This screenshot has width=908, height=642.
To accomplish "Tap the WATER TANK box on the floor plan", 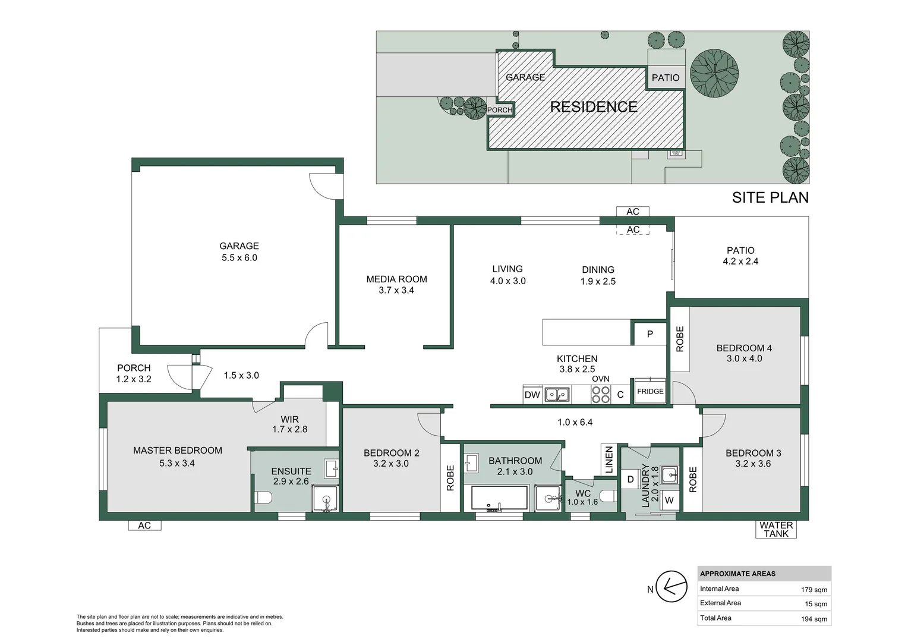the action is point(776,529).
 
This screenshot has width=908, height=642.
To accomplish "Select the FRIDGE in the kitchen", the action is point(650,391).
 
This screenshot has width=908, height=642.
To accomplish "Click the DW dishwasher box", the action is point(532,395).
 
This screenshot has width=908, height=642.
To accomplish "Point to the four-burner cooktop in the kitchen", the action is point(601,395).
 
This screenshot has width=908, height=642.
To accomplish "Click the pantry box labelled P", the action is point(650,333).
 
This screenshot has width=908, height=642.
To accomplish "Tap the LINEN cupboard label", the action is point(609,460).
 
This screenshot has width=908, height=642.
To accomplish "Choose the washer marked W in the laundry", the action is point(669,500).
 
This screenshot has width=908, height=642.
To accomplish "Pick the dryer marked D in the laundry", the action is point(630,479).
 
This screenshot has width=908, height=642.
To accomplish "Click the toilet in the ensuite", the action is point(263,497).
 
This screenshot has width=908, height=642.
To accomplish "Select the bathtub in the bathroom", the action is point(499,498).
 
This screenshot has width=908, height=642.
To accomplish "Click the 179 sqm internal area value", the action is point(814,590).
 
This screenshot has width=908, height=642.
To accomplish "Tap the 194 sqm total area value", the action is point(814,619).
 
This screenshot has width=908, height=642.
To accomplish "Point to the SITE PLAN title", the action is point(770,197).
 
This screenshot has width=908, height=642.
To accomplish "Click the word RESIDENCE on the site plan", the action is point(594,106).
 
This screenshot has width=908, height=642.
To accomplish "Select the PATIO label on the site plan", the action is point(666,77).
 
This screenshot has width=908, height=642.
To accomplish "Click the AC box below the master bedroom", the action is point(145,525).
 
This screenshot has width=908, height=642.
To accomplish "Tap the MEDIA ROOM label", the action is point(396,279).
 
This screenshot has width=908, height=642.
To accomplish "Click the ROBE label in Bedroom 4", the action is point(680,339).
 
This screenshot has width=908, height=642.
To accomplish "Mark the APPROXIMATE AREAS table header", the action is point(737,574).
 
